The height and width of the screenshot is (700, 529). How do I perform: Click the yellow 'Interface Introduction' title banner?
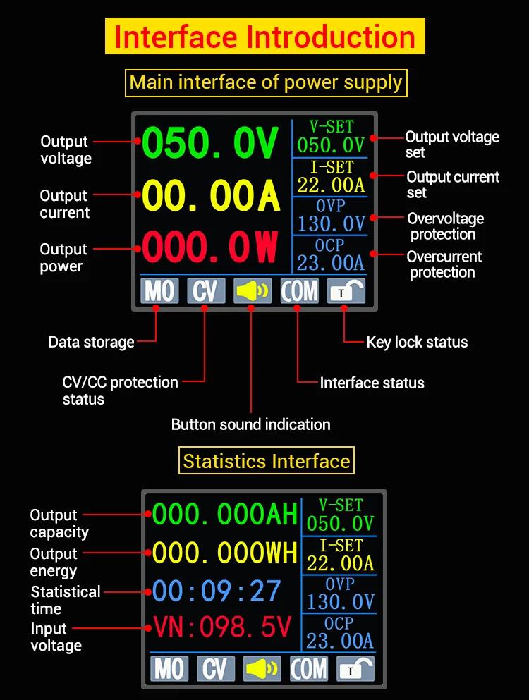coord(264,37)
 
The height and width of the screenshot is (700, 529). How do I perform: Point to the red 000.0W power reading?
coord(211,247)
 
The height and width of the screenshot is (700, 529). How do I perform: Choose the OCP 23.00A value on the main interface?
coord(331,262)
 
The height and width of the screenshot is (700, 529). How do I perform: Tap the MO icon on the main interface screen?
coord(159,290)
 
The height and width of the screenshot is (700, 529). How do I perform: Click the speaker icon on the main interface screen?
coord(253,290)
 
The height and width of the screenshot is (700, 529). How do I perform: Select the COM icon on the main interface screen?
coord(299,290)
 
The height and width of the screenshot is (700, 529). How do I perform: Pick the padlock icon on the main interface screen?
coord(346,290)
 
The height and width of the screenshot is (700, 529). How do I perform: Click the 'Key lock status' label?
coord(417,343)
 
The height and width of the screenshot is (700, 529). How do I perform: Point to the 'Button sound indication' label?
coord(250,424)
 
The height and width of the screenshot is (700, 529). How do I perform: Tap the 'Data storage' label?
coord(91,343)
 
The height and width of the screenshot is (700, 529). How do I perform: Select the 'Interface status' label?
coord(372,383)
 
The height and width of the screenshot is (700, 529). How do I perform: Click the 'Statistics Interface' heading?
coord(267,462)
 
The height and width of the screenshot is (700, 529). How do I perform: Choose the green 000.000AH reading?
coord(224,515)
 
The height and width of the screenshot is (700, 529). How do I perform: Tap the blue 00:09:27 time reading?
coord(217,591)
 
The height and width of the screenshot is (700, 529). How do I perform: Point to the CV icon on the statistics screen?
coord(215,668)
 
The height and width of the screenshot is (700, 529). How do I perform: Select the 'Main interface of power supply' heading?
coord(266,83)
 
